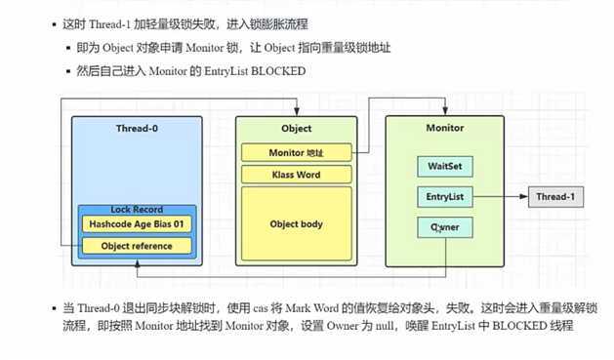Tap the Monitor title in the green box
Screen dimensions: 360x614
pyautogui.click(x=444, y=128)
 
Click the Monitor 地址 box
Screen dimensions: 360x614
pyautogui.click(x=295, y=153)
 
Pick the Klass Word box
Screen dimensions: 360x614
pyautogui.click(x=295, y=175)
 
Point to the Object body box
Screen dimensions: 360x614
pyautogui.click(x=295, y=224)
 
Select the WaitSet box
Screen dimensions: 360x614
pyautogui.click(x=443, y=167)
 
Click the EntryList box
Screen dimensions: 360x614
pyautogui.click(x=443, y=197)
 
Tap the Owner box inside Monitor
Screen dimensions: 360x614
pyautogui.click(x=443, y=226)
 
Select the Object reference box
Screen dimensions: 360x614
pyautogui.click(x=137, y=246)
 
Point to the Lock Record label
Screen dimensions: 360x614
pyautogui.click(x=137, y=210)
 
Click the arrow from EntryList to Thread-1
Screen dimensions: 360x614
pyautogui.click(x=498, y=198)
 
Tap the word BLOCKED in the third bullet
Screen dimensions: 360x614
pyautogui.click(x=280, y=71)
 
